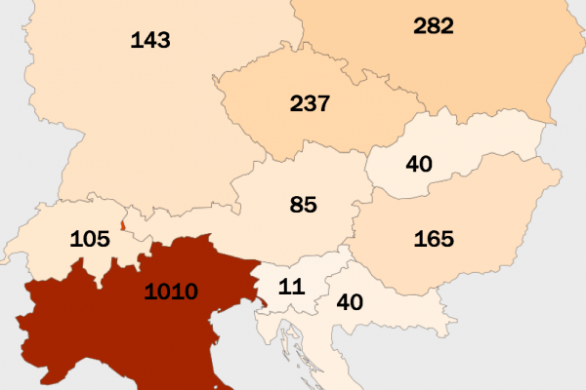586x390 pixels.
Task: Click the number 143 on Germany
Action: [x=149, y=40]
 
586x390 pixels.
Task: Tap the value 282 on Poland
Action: [x=433, y=26]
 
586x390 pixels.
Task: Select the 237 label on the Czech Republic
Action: [x=311, y=103]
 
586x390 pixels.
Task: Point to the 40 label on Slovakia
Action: [x=419, y=164]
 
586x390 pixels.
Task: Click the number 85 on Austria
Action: [x=304, y=205]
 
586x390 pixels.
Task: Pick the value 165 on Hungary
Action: [x=435, y=237]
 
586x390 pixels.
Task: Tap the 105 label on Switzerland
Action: [x=89, y=240]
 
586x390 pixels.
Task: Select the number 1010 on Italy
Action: [x=171, y=291]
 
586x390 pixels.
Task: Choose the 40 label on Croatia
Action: [x=349, y=301]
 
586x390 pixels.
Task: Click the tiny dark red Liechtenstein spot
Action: [x=123, y=225]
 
